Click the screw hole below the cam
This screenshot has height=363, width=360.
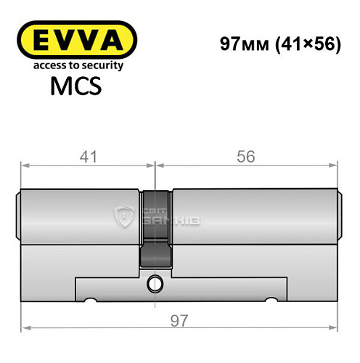(155, 282)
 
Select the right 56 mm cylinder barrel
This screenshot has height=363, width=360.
(254, 218)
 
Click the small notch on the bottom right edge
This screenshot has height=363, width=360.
(274, 299)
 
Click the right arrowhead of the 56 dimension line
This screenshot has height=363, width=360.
(335, 166)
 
